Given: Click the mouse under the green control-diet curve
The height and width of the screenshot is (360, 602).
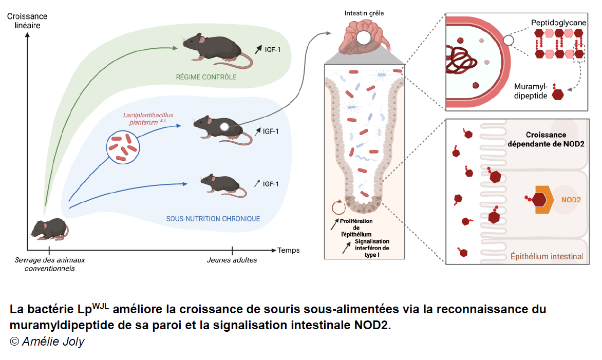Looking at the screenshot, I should click(216, 49).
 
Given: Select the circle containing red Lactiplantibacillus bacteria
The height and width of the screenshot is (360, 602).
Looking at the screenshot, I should click(123, 147).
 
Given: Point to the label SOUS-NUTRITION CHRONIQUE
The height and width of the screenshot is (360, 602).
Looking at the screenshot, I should click(213, 219).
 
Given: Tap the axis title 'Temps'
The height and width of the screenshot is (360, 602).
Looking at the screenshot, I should click(289, 251).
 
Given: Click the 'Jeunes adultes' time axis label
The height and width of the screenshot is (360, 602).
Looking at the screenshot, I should click(232, 260).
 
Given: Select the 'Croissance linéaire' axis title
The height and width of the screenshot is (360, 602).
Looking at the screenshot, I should click(24, 21).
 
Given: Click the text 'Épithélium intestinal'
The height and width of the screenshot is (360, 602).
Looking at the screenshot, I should click(546, 256).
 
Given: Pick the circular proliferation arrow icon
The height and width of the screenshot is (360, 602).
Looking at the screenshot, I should click(338, 207).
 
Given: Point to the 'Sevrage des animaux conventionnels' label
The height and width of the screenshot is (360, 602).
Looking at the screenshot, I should click(50, 264).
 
